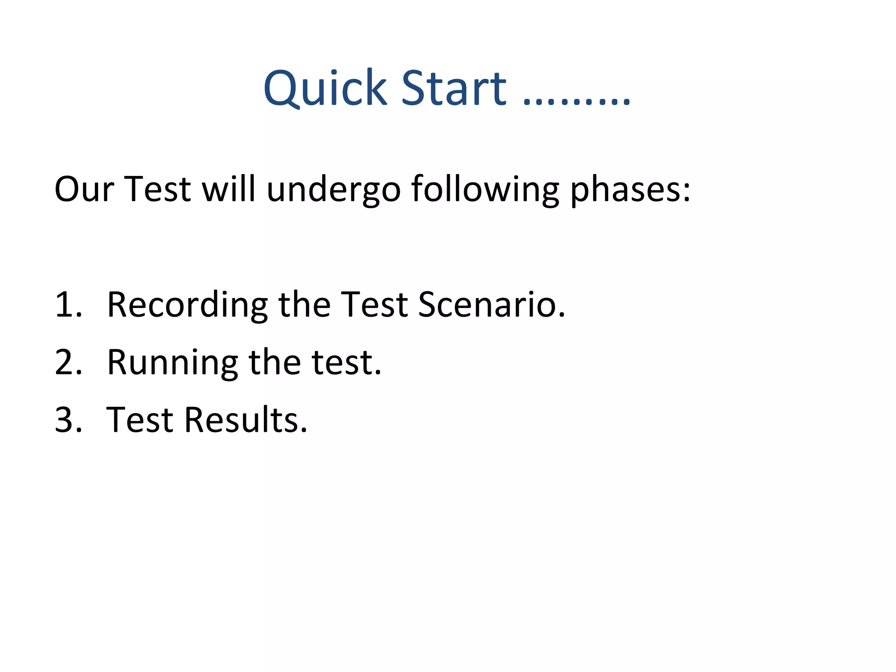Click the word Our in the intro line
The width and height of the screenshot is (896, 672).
[84, 189]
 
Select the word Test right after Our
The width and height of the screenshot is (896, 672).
[157, 189]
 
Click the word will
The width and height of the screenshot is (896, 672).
[228, 189]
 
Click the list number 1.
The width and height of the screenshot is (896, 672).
[68, 304]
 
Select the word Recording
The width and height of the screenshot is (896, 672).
[187, 305]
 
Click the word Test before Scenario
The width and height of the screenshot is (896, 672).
[374, 304]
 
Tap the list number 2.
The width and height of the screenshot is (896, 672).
[68, 363]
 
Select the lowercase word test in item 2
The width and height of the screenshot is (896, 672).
[346, 363]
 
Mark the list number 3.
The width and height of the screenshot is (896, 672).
[68, 420]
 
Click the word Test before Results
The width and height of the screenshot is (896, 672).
[140, 420]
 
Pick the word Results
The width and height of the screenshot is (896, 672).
[245, 420]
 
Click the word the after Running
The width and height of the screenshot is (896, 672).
[275, 363]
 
